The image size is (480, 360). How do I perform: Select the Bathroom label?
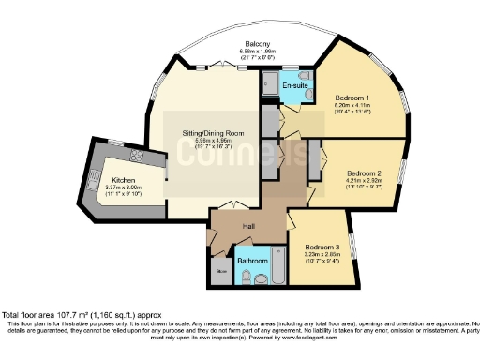(x=252, y=261)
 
